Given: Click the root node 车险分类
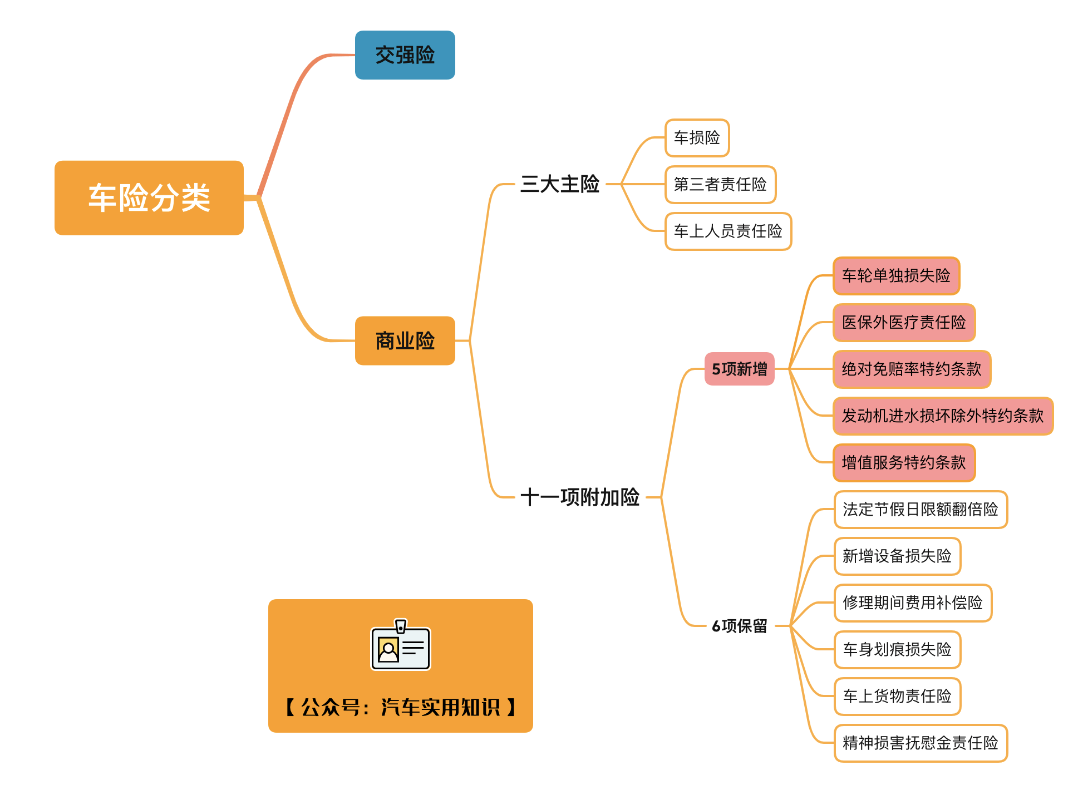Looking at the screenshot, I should click(149, 198).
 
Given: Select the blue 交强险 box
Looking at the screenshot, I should click(405, 55).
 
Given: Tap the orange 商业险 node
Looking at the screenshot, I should click(405, 340).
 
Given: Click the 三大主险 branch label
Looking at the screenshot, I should click(559, 184).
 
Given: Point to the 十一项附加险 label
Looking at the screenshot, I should click(579, 497).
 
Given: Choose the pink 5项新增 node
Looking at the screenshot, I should click(739, 369).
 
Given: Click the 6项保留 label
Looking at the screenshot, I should click(739, 626).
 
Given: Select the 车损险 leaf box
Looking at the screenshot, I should click(697, 137).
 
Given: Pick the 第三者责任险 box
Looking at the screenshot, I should click(720, 184).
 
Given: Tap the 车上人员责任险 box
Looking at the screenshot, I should click(728, 231).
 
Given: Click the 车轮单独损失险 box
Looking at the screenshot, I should click(896, 275).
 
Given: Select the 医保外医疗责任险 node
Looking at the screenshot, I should click(904, 322).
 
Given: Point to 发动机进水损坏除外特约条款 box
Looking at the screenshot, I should click(943, 416).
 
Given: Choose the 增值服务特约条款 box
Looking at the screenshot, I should click(904, 462).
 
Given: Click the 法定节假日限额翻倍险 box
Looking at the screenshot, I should click(921, 509).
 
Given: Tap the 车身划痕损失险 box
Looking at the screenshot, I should click(897, 649).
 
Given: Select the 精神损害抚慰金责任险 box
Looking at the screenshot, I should click(921, 743).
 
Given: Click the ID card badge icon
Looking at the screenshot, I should click(401, 646).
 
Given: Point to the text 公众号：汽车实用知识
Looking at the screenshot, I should click(401, 708).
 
